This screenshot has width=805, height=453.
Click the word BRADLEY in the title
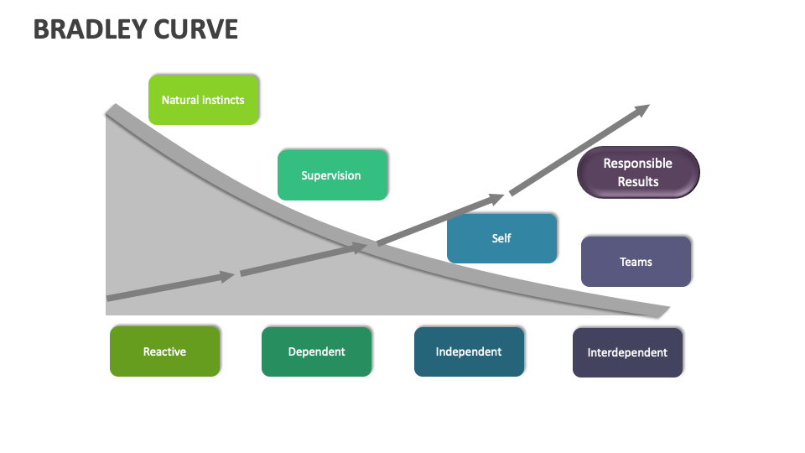[91, 29]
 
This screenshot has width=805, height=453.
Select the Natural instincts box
[204, 100]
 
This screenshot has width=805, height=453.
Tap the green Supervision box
[332, 175]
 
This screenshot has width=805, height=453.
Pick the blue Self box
[501, 238]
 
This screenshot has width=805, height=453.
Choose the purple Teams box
[636, 262]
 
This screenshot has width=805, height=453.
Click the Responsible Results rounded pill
[638, 173]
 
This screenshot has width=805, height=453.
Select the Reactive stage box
[164, 351]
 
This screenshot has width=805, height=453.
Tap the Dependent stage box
[316, 351]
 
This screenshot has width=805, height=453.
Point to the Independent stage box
[469, 351]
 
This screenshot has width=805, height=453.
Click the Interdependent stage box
[627, 352]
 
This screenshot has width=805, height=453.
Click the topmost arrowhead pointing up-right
[641, 109]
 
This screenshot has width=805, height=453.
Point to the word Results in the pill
[638, 182]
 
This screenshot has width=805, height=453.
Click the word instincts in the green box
[221, 100]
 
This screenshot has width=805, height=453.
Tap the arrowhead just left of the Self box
[496, 199]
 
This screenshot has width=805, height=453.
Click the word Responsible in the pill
[638, 164]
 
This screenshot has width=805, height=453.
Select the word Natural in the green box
[179, 100]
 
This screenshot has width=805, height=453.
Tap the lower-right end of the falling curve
[662, 311]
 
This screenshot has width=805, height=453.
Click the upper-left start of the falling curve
[112, 110]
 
